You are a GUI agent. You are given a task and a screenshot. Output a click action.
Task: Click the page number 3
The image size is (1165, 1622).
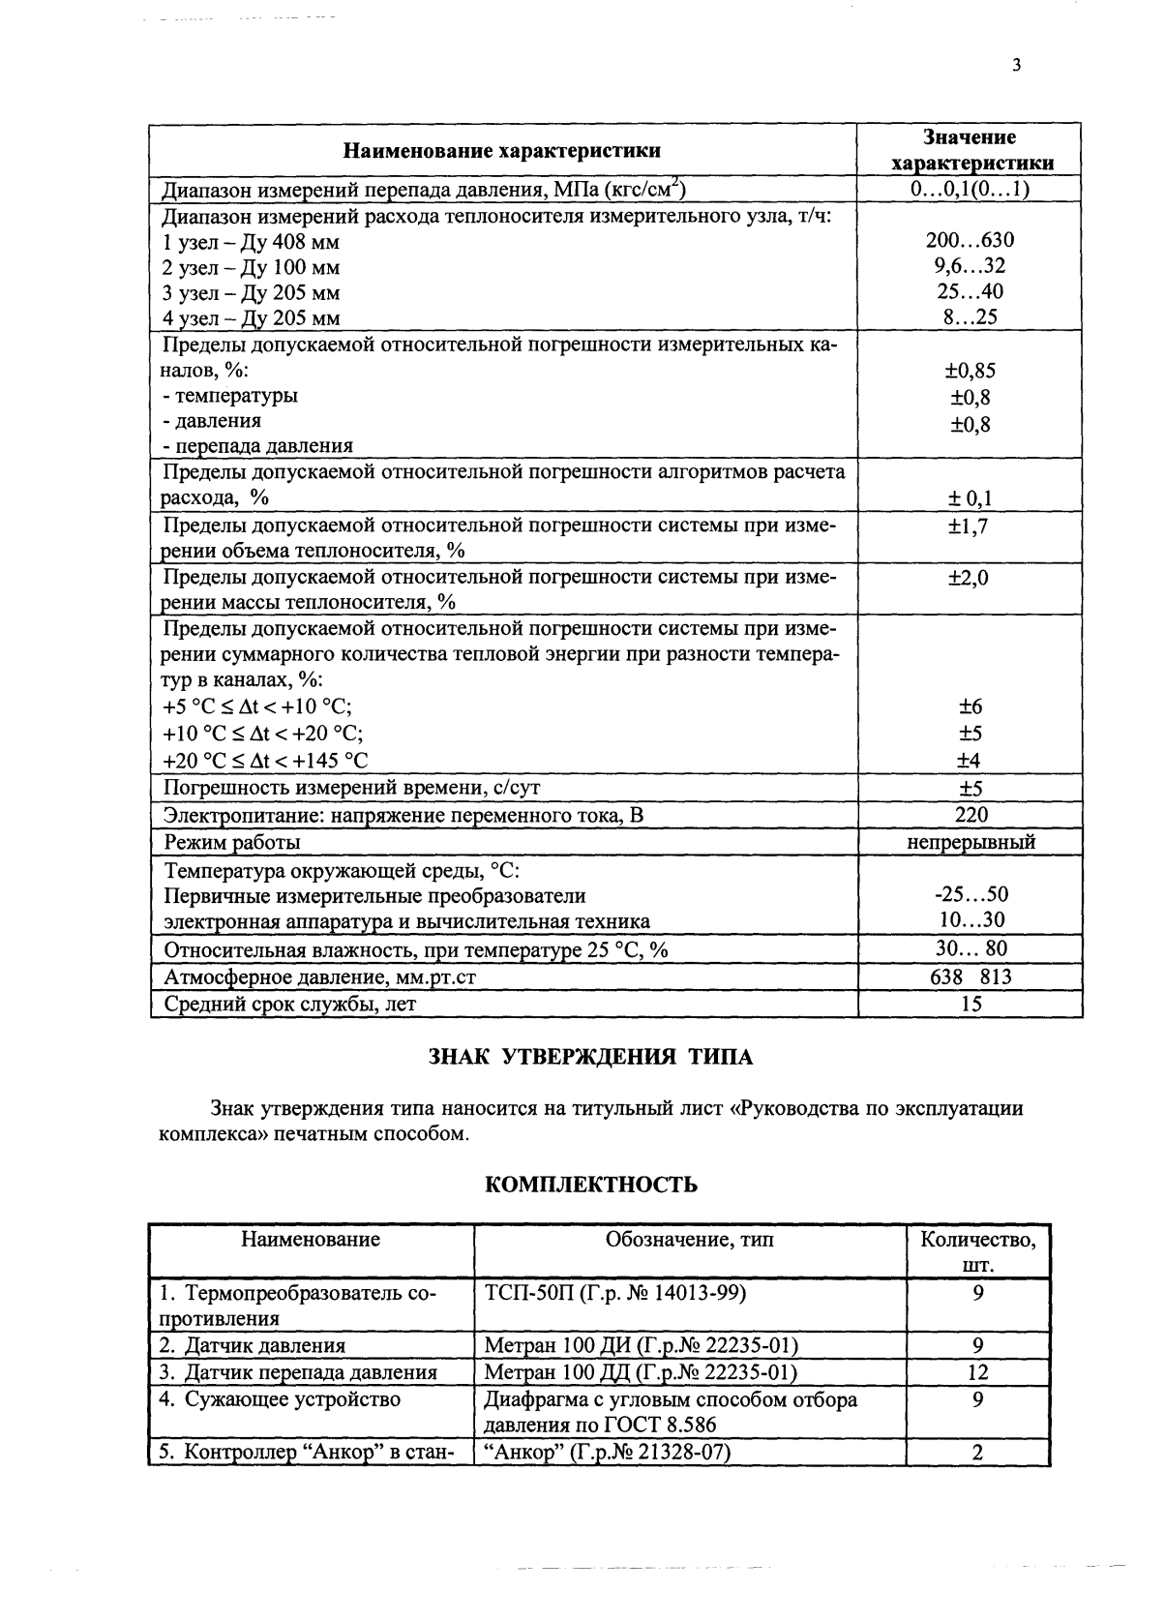(1015, 66)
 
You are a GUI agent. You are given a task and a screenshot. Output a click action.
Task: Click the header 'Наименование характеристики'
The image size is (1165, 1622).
(503, 150)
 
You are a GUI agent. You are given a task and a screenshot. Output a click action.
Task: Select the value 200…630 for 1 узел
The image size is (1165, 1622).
(971, 240)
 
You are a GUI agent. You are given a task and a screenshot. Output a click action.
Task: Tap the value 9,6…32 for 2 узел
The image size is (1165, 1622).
(971, 266)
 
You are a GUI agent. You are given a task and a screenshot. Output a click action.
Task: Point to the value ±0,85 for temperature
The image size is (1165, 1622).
(971, 370)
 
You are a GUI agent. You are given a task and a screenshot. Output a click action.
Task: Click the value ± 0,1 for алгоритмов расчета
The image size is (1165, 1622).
(971, 498)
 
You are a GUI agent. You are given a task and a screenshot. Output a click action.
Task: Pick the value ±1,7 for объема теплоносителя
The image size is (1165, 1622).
(971, 526)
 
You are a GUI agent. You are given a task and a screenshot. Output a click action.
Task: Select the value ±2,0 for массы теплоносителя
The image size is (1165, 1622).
(971, 578)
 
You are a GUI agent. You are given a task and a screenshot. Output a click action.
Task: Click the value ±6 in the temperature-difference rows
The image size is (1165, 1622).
(971, 707)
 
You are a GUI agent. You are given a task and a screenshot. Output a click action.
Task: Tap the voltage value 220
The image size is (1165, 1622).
(971, 815)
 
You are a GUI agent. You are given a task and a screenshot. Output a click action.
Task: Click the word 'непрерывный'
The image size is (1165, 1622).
(971, 842)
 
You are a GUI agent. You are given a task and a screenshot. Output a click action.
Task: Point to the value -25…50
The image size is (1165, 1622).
(971, 894)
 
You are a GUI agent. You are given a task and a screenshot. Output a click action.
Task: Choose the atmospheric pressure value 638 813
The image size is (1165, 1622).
(971, 976)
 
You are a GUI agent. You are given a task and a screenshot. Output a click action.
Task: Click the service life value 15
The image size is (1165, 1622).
(971, 1004)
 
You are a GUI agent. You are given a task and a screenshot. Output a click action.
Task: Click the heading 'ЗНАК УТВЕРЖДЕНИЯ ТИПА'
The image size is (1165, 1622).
(590, 1056)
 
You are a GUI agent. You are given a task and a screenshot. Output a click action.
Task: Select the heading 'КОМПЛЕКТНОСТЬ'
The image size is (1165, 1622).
(590, 1185)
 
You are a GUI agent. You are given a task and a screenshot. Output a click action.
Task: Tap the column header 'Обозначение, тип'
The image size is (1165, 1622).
(689, 1240)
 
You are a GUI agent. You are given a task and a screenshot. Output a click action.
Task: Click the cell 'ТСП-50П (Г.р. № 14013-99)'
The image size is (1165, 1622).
(614, 1292)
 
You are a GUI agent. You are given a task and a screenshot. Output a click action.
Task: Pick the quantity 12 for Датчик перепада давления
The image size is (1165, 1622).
(978, 1371)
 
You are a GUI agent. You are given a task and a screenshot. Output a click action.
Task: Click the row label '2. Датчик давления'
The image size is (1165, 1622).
(253, 1345)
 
